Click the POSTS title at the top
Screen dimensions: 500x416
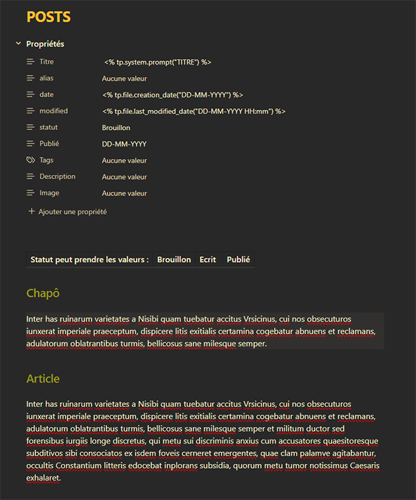click(x=49, y=17)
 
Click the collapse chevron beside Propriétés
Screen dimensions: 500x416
click(x=18, y=44)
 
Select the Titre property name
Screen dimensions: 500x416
click(x=47, y=62)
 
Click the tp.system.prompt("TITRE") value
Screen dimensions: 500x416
click(x=157, y=62)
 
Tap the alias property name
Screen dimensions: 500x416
click(x=46, y=78)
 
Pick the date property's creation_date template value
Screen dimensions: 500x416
click(x=173, y=95)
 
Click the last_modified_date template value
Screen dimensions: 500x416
click(x=193, y=111)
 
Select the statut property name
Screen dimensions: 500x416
click(x=49, y=128)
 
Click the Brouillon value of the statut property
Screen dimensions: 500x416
click(x=116, y=128)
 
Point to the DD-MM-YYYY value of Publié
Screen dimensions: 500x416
click(x=124, y=144)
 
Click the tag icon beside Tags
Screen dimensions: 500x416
click(x=30, y=160)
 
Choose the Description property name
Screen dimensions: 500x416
click(x=58, y=176)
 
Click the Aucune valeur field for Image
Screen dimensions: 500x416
click(x=124, y=194)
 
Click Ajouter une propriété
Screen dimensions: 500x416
click(x=72, y=212)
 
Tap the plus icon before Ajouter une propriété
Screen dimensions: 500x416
click(x=31, y=211)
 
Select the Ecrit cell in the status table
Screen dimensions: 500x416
click(x=208, y=260)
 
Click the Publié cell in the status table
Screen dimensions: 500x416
click(x=239, y=260)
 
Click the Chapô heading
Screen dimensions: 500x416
click(x=43, y=293)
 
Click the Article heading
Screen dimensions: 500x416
click(x=43, y=378)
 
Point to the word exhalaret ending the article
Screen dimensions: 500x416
click(x=44, y=478)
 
